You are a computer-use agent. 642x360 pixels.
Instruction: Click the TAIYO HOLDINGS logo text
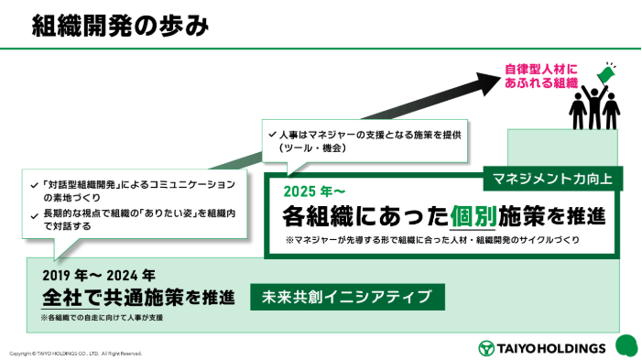coord(550,347)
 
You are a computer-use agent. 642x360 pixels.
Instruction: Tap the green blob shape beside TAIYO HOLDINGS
coord(626,345)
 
